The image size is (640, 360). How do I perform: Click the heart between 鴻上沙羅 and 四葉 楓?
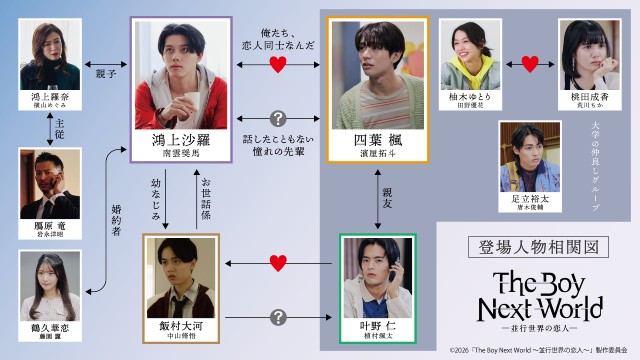pyautogui.click(x=280, y=66)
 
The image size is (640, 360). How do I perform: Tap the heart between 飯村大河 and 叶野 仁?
pyautogui.click(x=280, y=263)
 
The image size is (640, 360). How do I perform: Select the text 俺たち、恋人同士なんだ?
pyautogui.click(x=280, y=38)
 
